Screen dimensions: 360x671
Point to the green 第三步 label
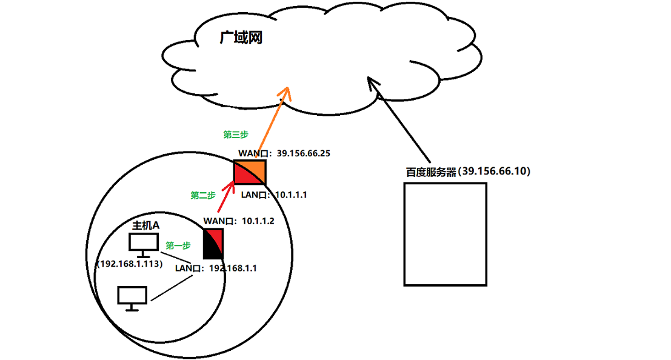click(x=236, y=134)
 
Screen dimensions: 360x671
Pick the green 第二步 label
click(x=203, y=195)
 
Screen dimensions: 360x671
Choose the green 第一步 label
click(x=178, y=245)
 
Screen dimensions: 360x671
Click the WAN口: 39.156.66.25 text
click(x=284, y=153)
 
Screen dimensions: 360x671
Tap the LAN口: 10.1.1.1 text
click(x=274, y=195)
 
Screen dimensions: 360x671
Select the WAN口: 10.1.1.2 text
click(x=239, y=221)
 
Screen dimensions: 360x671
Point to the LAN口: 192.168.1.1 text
click(x=216, y=268)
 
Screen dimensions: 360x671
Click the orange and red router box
click(x=250, y=172)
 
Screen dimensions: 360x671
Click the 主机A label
click(x=146, y=225)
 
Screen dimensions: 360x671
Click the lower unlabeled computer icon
click(x=132, y=298)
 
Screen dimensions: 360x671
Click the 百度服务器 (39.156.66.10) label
click(x=468, y=172)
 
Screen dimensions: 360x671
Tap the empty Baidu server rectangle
click(x=446, y=234)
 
